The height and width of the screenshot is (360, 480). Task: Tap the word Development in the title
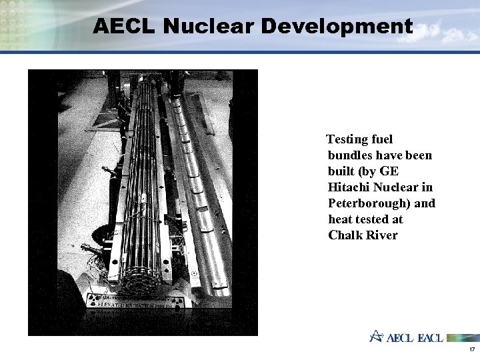coord(337,26)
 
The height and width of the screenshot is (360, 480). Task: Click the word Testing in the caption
coord(345,139)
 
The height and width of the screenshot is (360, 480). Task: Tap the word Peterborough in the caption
coord(370,203)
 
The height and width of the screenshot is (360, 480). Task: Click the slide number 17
coord(471,349)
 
